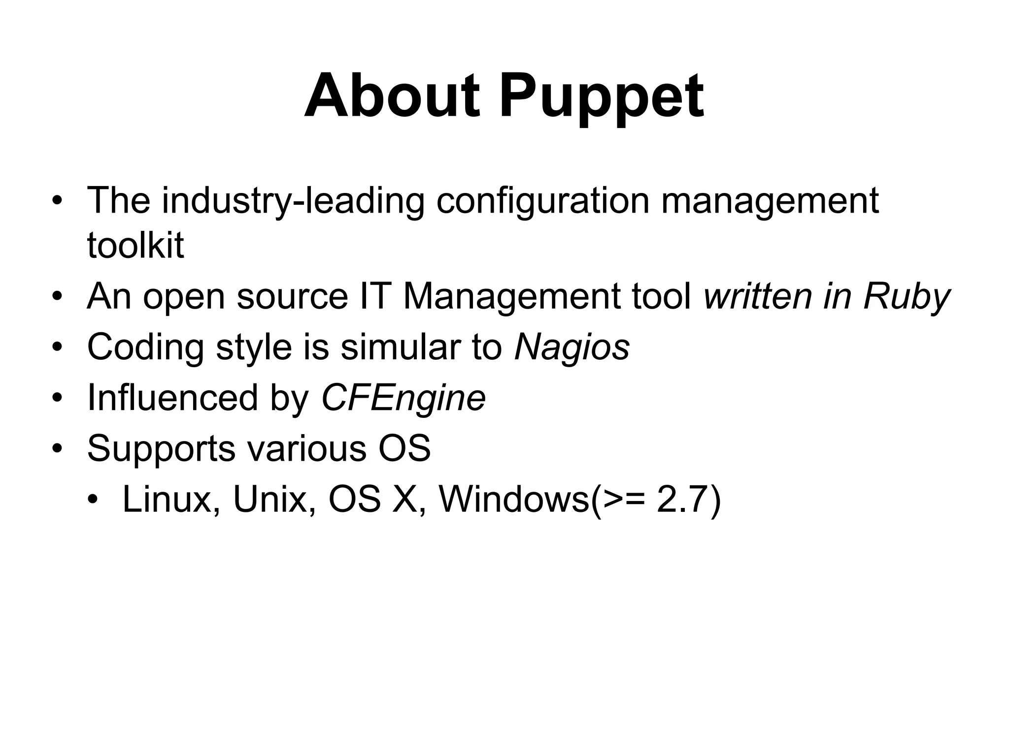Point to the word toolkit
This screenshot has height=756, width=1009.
[x=135, y=245]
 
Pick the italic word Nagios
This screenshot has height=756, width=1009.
[x=572, y=347]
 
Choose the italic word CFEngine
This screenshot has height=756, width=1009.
[x=403, y=398]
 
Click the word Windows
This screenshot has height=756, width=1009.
[x=514, y=500]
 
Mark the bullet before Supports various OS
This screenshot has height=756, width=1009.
[x=58, y=449]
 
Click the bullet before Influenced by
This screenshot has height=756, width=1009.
[x=58, y=398]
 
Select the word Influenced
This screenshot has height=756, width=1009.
[x=172, y=398]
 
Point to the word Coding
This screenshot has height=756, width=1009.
[x=145, y=347]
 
